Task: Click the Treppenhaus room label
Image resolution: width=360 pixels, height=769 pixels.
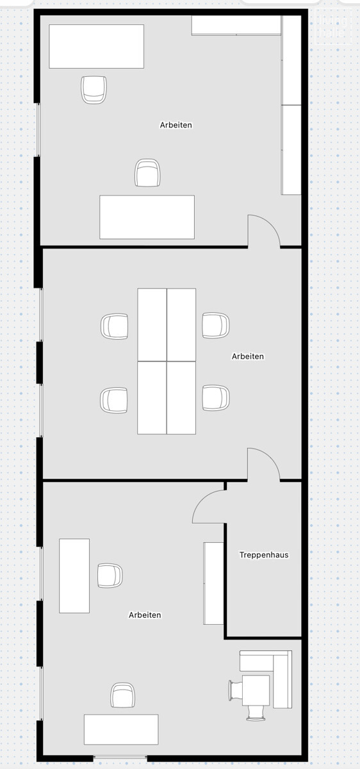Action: click(x=264, y=555)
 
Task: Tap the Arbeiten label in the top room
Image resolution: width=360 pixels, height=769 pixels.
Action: click(x=176, y=125)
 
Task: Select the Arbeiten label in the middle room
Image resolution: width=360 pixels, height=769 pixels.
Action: click(x=248, y=356)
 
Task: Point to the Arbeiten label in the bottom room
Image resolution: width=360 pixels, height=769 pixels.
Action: click(x=145, y=615)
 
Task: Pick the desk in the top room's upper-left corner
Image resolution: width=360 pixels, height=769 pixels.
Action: click(x=96, y=46)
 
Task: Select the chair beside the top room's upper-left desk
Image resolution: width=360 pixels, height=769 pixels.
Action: click(x=94, y=89)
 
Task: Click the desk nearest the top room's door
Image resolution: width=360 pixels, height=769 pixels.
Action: click(x=147, y=217)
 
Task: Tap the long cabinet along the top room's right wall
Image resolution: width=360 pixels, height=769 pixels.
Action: click(x=291, y=106)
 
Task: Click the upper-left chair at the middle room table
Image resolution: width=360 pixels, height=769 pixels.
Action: click(x=115, y=326)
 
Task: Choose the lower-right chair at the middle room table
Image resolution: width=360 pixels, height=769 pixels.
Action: click(x=216, y=398)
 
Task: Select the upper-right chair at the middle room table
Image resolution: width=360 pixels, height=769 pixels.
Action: click(x=216, y=326)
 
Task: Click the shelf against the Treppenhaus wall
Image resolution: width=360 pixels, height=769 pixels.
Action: click(x=213, y=583)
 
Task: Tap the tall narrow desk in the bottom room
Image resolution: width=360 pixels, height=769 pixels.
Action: click(x=74, y=575)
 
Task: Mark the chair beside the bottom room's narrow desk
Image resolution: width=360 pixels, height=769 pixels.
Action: click(x=110, y=575)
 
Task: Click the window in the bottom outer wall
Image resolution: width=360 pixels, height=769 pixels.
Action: click(x=120, y=759)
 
